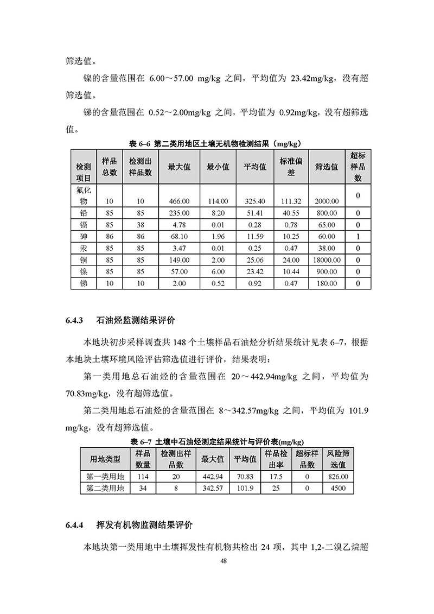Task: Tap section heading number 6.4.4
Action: pos(74,525)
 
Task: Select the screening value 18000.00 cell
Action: pos(326,259)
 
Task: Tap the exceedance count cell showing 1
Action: pos(358,236)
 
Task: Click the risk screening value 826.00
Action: pos(337,476)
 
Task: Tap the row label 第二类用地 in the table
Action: pos(105,489)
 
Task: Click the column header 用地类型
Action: pos(105,459)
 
